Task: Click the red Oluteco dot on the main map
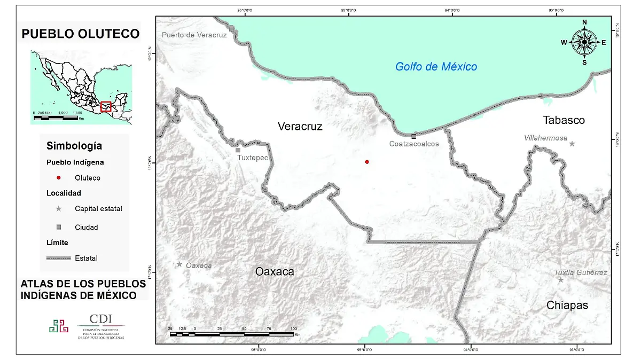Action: [x=367, y=162]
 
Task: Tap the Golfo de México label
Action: [x=436, y=67]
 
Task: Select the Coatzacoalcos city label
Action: [x=414, y=144]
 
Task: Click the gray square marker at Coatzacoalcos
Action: [x=414, y=136]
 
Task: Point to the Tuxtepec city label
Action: [x=252, y=158]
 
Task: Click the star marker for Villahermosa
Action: [x=572, y=144]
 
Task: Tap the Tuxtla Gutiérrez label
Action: [x=581, y=272]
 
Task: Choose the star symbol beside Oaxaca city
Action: [x=179, y=264]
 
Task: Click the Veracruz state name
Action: [x=300, y=126]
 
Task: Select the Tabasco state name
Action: [x=564, y=120]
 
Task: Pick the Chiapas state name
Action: [x=567, y=305]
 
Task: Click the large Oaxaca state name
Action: [x=275, y=271]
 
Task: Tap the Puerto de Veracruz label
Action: [x=194, y=35]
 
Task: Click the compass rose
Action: [x=584, y=42]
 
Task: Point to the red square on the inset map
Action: [x=106, y=106]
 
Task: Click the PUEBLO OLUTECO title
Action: [x=81, y=34]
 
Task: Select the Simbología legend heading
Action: [x=74, y=146]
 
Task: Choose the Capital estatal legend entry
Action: [x=98, y=209]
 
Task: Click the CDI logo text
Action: [x=101, y=319]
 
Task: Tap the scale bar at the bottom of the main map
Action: [x=231, y=334]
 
